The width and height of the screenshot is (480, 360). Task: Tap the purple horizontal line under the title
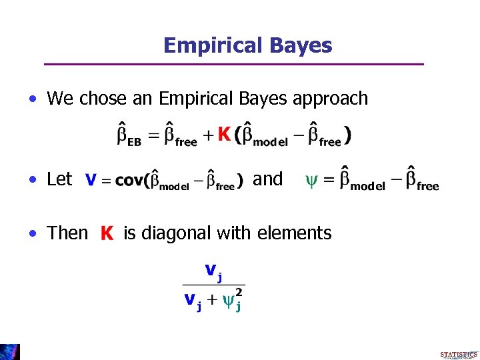tap(233, 64)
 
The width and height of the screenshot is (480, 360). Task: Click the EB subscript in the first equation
tap(135, 142)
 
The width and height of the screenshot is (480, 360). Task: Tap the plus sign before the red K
tap(208, 137)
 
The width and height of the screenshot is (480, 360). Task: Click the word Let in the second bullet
tap(59, 179)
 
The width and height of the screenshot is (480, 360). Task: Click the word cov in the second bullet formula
tap(129, 181)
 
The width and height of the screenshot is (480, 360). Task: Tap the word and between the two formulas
tap(268, 179)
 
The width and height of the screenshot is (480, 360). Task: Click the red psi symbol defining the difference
tap(311, 181)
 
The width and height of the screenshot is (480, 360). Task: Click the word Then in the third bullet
tap(67, 233)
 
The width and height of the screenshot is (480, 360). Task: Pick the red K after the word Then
tap(107, 234)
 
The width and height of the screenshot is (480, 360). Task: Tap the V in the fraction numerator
tap(210, 270)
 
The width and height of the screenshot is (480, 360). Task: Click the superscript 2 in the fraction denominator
tap(238, 292)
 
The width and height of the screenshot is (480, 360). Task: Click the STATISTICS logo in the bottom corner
tap(459, 355)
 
